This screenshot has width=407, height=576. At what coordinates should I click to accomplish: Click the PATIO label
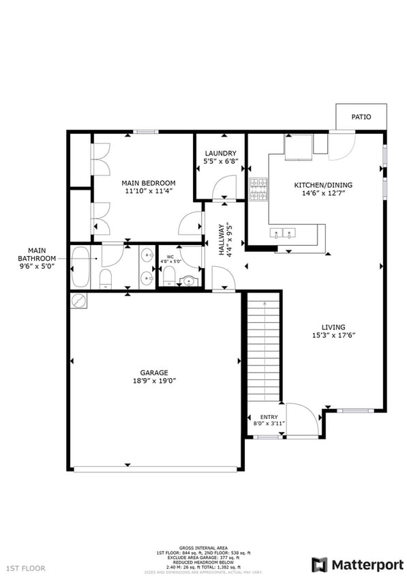point(361,117)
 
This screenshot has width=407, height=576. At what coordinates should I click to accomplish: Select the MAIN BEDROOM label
point(149,183)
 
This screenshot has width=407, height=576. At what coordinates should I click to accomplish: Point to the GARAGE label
point(154,373)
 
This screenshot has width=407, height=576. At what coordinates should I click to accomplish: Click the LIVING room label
point(333,327)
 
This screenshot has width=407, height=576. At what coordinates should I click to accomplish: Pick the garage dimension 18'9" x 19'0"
point(154,381)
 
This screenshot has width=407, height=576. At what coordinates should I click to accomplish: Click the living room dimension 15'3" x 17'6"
point(333,335)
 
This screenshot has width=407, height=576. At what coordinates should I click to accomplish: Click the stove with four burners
point(258,190)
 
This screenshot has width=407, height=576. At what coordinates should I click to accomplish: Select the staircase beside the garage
point(263,348)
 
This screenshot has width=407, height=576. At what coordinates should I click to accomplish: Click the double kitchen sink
point(284,233)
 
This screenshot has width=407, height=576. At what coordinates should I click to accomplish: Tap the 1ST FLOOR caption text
point(26,568)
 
